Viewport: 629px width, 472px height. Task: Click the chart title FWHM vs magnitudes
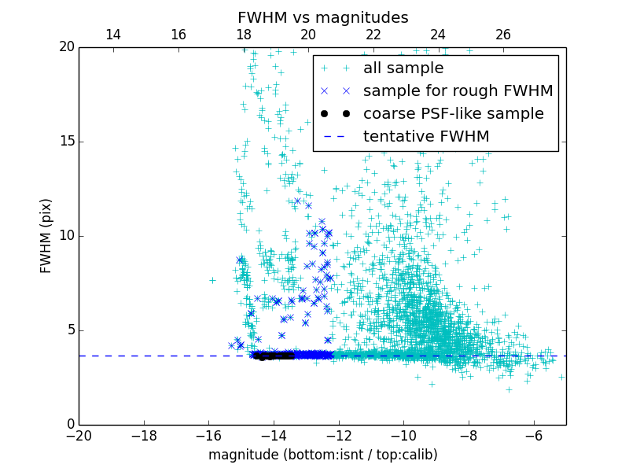click(x=322, y=17)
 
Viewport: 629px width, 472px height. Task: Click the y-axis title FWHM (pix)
click(x=46, y=235)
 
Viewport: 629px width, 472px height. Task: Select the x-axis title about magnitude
click(x=322, y=455)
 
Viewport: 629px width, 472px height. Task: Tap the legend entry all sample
click(x=403, y=68)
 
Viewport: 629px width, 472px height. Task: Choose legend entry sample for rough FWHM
click(x=458, y=90)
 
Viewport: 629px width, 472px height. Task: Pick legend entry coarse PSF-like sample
click(x=453, y=113)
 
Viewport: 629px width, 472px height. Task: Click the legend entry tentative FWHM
click(x=426, y=136)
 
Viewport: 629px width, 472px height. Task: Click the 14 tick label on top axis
click(x=112, y=35)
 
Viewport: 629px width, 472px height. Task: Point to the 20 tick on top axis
click(x=308, y=35)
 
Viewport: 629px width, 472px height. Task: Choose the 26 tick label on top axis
click(x=503, y=35)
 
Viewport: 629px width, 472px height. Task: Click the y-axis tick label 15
click(x=64, y=142)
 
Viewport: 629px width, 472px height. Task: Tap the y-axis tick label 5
click(x=68, y=330)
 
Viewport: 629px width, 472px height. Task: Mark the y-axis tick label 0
click(x=68, y=425)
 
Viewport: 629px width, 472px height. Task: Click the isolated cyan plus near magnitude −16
click(x=212, y=280)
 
